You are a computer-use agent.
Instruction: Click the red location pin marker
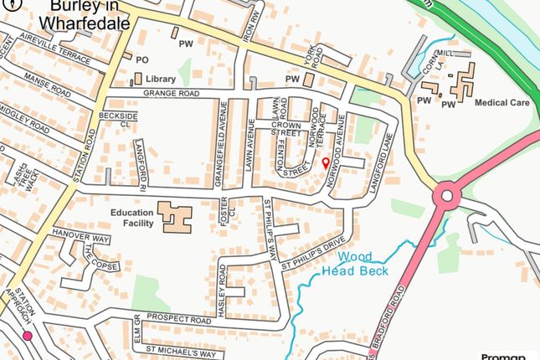(325, 163)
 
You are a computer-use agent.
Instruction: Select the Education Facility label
(132, 219)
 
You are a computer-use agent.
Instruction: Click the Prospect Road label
(177, 320)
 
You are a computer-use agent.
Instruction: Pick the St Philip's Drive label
(312, 255)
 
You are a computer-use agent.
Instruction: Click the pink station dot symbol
(28, 337)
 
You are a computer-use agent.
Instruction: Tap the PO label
(141, 59)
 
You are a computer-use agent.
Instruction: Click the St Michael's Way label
(181, 352)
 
